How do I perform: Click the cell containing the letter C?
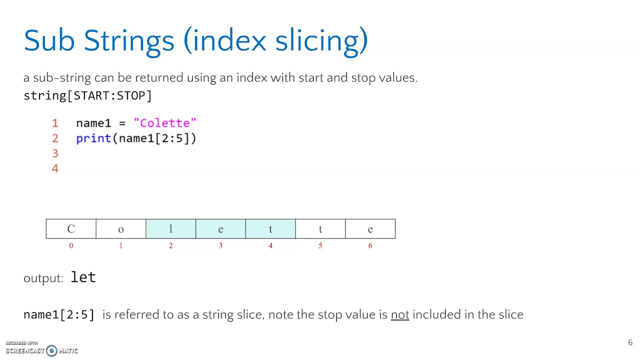pyautogui.click(x=71, y=229)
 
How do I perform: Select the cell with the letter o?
pyautogui.click(x=120, y=229)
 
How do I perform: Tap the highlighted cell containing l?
pyautogui.click(x=170, y=229)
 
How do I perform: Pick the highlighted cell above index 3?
pyautogui.click(x=220, y=229)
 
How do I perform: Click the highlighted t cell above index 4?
pyautogui.click(x=270, y=229)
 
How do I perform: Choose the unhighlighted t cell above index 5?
pyautogui.click(x=320, y=229)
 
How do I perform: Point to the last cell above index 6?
pyautogui.click(x=370, y=229)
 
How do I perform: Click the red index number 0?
pyautogui.click(x=71, y=245)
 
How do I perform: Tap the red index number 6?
pyautogui.click(x=370, y=245)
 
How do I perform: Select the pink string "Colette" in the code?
pyautogui.click(x=165, y=123)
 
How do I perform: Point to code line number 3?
pyautogui.click(x=55, y=153)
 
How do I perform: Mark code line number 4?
pyautogui.click(x=55, y=168)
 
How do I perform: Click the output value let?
pyautogui.click(x=83, y=277)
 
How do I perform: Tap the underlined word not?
pyautogui.click(x=399, y=314)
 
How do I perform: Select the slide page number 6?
pyautogui.click(x=630, y=343)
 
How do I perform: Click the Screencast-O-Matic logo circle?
pyautogui.click(x=51, y=350)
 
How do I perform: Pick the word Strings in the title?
pyautogui.click(x=128, y=40)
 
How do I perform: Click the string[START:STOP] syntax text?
pyautogui.click(x=87, y=95)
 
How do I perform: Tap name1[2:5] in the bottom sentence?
pyautogui.click(x=59, y=314)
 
